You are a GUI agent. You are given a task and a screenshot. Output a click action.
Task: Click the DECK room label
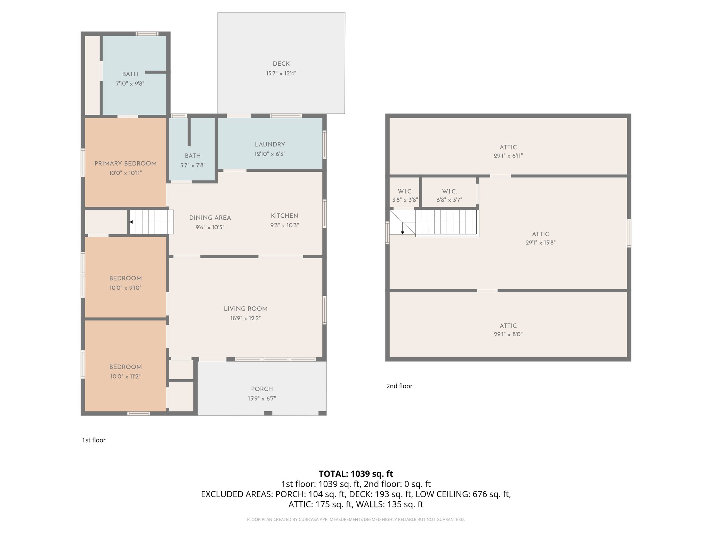click(281, 64)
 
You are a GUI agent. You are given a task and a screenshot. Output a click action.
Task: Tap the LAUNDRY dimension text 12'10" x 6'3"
click(270, 154)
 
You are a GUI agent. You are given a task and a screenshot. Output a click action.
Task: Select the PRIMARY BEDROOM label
click(126, 163)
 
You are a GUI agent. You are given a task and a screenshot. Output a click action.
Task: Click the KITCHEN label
click(284, 216)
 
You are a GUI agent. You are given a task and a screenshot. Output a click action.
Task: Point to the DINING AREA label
click(210, 218)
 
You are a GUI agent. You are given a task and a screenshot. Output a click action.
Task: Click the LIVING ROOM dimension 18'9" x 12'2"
click(245, 318)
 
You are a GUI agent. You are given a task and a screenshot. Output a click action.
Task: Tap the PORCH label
click(262, 389)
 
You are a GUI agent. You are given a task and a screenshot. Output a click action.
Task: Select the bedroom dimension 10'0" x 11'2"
click(125, 377)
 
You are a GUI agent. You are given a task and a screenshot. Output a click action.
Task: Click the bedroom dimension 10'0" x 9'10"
click(125, 288)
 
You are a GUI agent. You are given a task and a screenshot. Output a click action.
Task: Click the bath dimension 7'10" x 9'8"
click(130, 83)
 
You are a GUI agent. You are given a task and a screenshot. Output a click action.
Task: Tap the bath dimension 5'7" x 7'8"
click(193, 165)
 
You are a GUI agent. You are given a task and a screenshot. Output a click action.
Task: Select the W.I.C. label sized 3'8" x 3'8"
click(405, 192)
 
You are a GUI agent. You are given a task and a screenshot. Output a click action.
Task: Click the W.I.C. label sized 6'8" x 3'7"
click(449, 192)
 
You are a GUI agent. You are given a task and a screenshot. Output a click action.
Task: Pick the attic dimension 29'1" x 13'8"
click(540, 243)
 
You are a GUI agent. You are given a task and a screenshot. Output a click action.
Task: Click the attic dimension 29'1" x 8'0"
click(508, 334)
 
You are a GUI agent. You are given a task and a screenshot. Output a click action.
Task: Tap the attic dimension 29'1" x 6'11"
click(508, 156)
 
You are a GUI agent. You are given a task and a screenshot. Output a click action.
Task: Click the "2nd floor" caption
click(399, 386)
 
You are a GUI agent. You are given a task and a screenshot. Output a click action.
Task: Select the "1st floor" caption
click(94, 440)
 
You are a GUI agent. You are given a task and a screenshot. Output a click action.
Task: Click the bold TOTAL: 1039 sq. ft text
click(356, 474)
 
